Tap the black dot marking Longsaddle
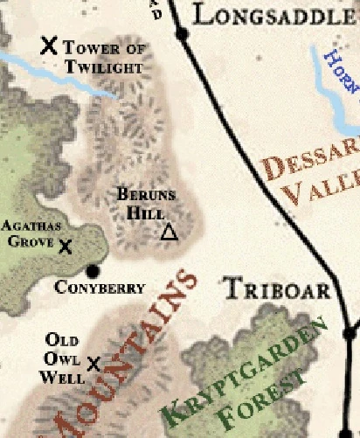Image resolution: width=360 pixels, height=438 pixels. tap(182, 34)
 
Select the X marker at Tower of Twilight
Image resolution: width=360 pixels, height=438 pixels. tap(50, 45)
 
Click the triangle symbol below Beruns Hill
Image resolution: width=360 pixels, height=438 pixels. tap(170, 232)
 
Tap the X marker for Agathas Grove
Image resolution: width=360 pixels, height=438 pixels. tap(65, 246)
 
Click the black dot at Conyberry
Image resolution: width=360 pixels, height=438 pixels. tap(93, 270)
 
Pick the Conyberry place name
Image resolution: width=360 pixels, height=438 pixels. tap(100, 288)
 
